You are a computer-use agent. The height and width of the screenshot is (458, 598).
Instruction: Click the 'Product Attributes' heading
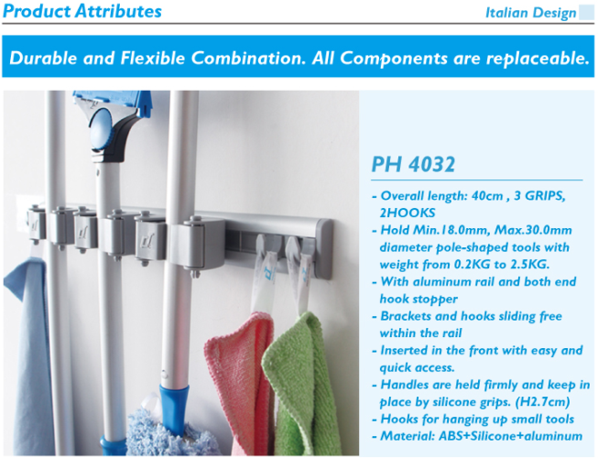[82, 11]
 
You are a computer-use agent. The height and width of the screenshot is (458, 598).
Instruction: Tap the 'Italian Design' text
[530, 13]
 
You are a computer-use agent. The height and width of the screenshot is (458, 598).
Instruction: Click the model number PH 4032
[413, 164]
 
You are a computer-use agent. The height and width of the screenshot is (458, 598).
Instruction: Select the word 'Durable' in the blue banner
[43, 58]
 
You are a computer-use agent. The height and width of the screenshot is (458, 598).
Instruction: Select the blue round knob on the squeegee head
[101, 128]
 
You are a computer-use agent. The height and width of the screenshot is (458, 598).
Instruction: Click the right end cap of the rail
[323, 248]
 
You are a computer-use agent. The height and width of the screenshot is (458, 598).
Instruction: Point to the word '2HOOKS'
[408, 213]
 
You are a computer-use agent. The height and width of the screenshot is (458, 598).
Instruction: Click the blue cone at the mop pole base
[174, 408]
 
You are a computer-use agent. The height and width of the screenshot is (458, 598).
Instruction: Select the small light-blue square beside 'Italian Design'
[587, 12]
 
